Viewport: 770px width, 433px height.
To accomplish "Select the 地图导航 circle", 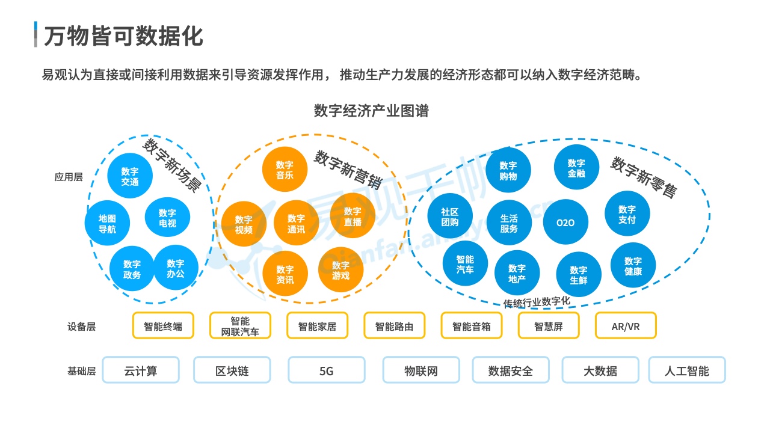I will pyautogui.click(x=107, y=224).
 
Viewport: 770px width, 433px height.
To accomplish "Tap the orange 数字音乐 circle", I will pyautogui.click(x=285, y=170).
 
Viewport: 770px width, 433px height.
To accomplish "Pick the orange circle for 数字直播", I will pyautogui.click(x=353, y=216).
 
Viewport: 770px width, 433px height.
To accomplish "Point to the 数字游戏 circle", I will pyautogui.click(x=340, y=271).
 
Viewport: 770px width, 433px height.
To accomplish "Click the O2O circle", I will pyautogui.click(x=565, y=223).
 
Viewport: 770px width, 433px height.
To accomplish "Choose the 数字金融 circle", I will pyautogui.click(x=576, y=168).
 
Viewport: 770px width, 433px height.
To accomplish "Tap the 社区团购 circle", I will pyautogui.click(x=450, y=217).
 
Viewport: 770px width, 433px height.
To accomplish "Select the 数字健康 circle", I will pyautogui.click(x=633, y=266).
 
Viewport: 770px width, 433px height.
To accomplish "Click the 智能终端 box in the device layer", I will pyautogui.click(x=163, y=327).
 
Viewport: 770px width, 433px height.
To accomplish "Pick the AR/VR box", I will pyautogui.click(x=626, y=327).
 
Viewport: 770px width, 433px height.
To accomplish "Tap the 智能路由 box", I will pyautogui.click(x=394, y=327).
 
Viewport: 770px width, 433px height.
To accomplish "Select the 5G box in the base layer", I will pyautogui.click(x=326, y=370).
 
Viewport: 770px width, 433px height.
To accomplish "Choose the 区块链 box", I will pyautogui.click(x=232, y=370).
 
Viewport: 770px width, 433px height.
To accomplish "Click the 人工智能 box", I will pyautogui.click(x=686, y=370).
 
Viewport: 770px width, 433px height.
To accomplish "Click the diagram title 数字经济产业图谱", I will pyautogui.click(x=371, y=111).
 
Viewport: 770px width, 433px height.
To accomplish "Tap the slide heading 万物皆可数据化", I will pyautogui.click(x=123, y=36).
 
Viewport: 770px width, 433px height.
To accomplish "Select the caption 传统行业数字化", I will pyautogui.click(x=537, y=302).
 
